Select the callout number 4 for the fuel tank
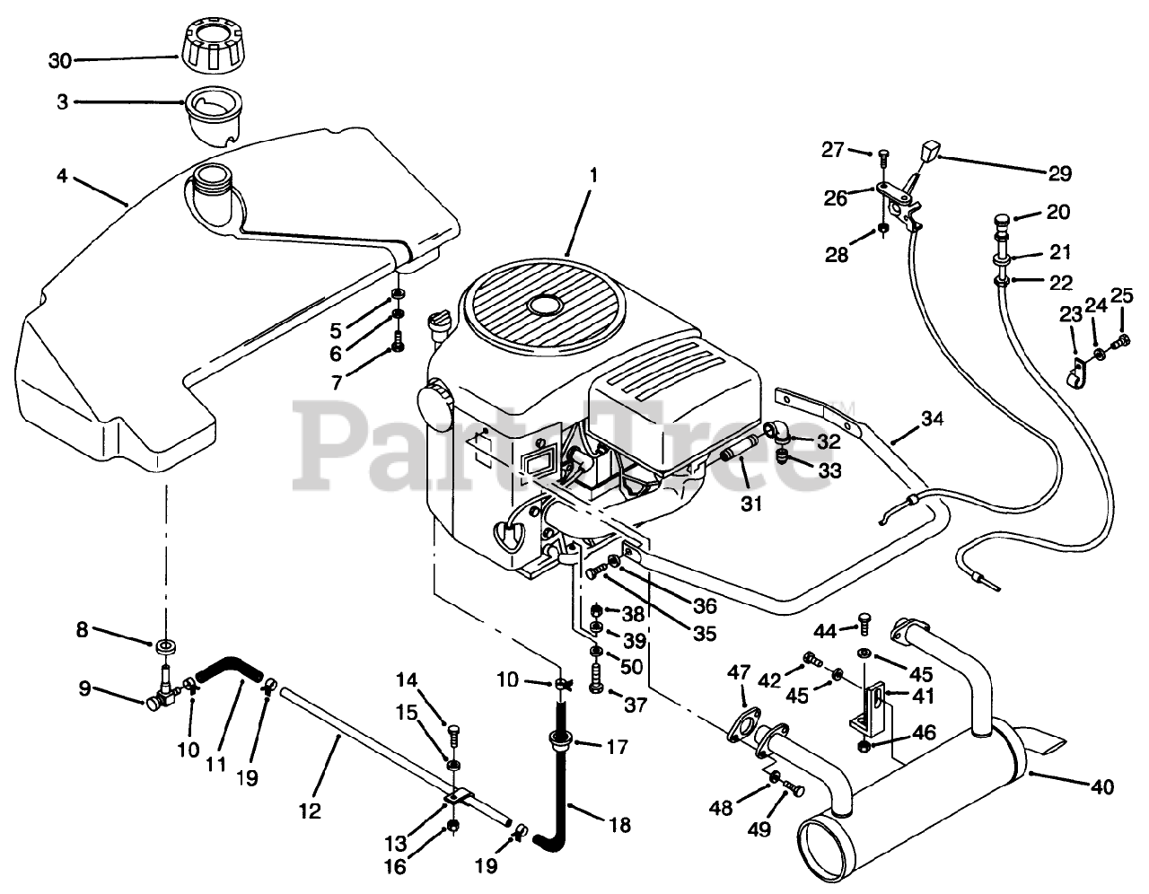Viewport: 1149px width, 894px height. coord(61,177)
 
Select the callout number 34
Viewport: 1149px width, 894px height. coord(933,417)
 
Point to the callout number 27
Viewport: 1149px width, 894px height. coord(832,149)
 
